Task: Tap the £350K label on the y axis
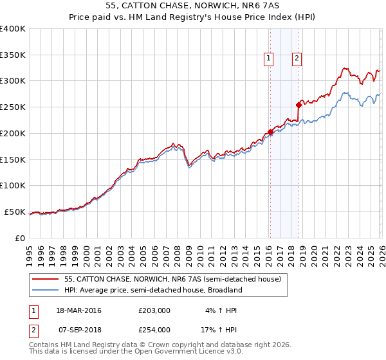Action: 13,55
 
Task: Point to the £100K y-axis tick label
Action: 13,186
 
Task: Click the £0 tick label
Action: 20,238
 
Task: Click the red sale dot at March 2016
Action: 270,132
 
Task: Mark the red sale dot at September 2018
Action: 299,105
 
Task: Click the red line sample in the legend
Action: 46,280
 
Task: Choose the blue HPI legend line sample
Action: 46,291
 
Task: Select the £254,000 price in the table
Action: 154,329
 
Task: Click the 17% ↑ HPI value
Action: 219,329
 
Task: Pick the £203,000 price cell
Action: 154,310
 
